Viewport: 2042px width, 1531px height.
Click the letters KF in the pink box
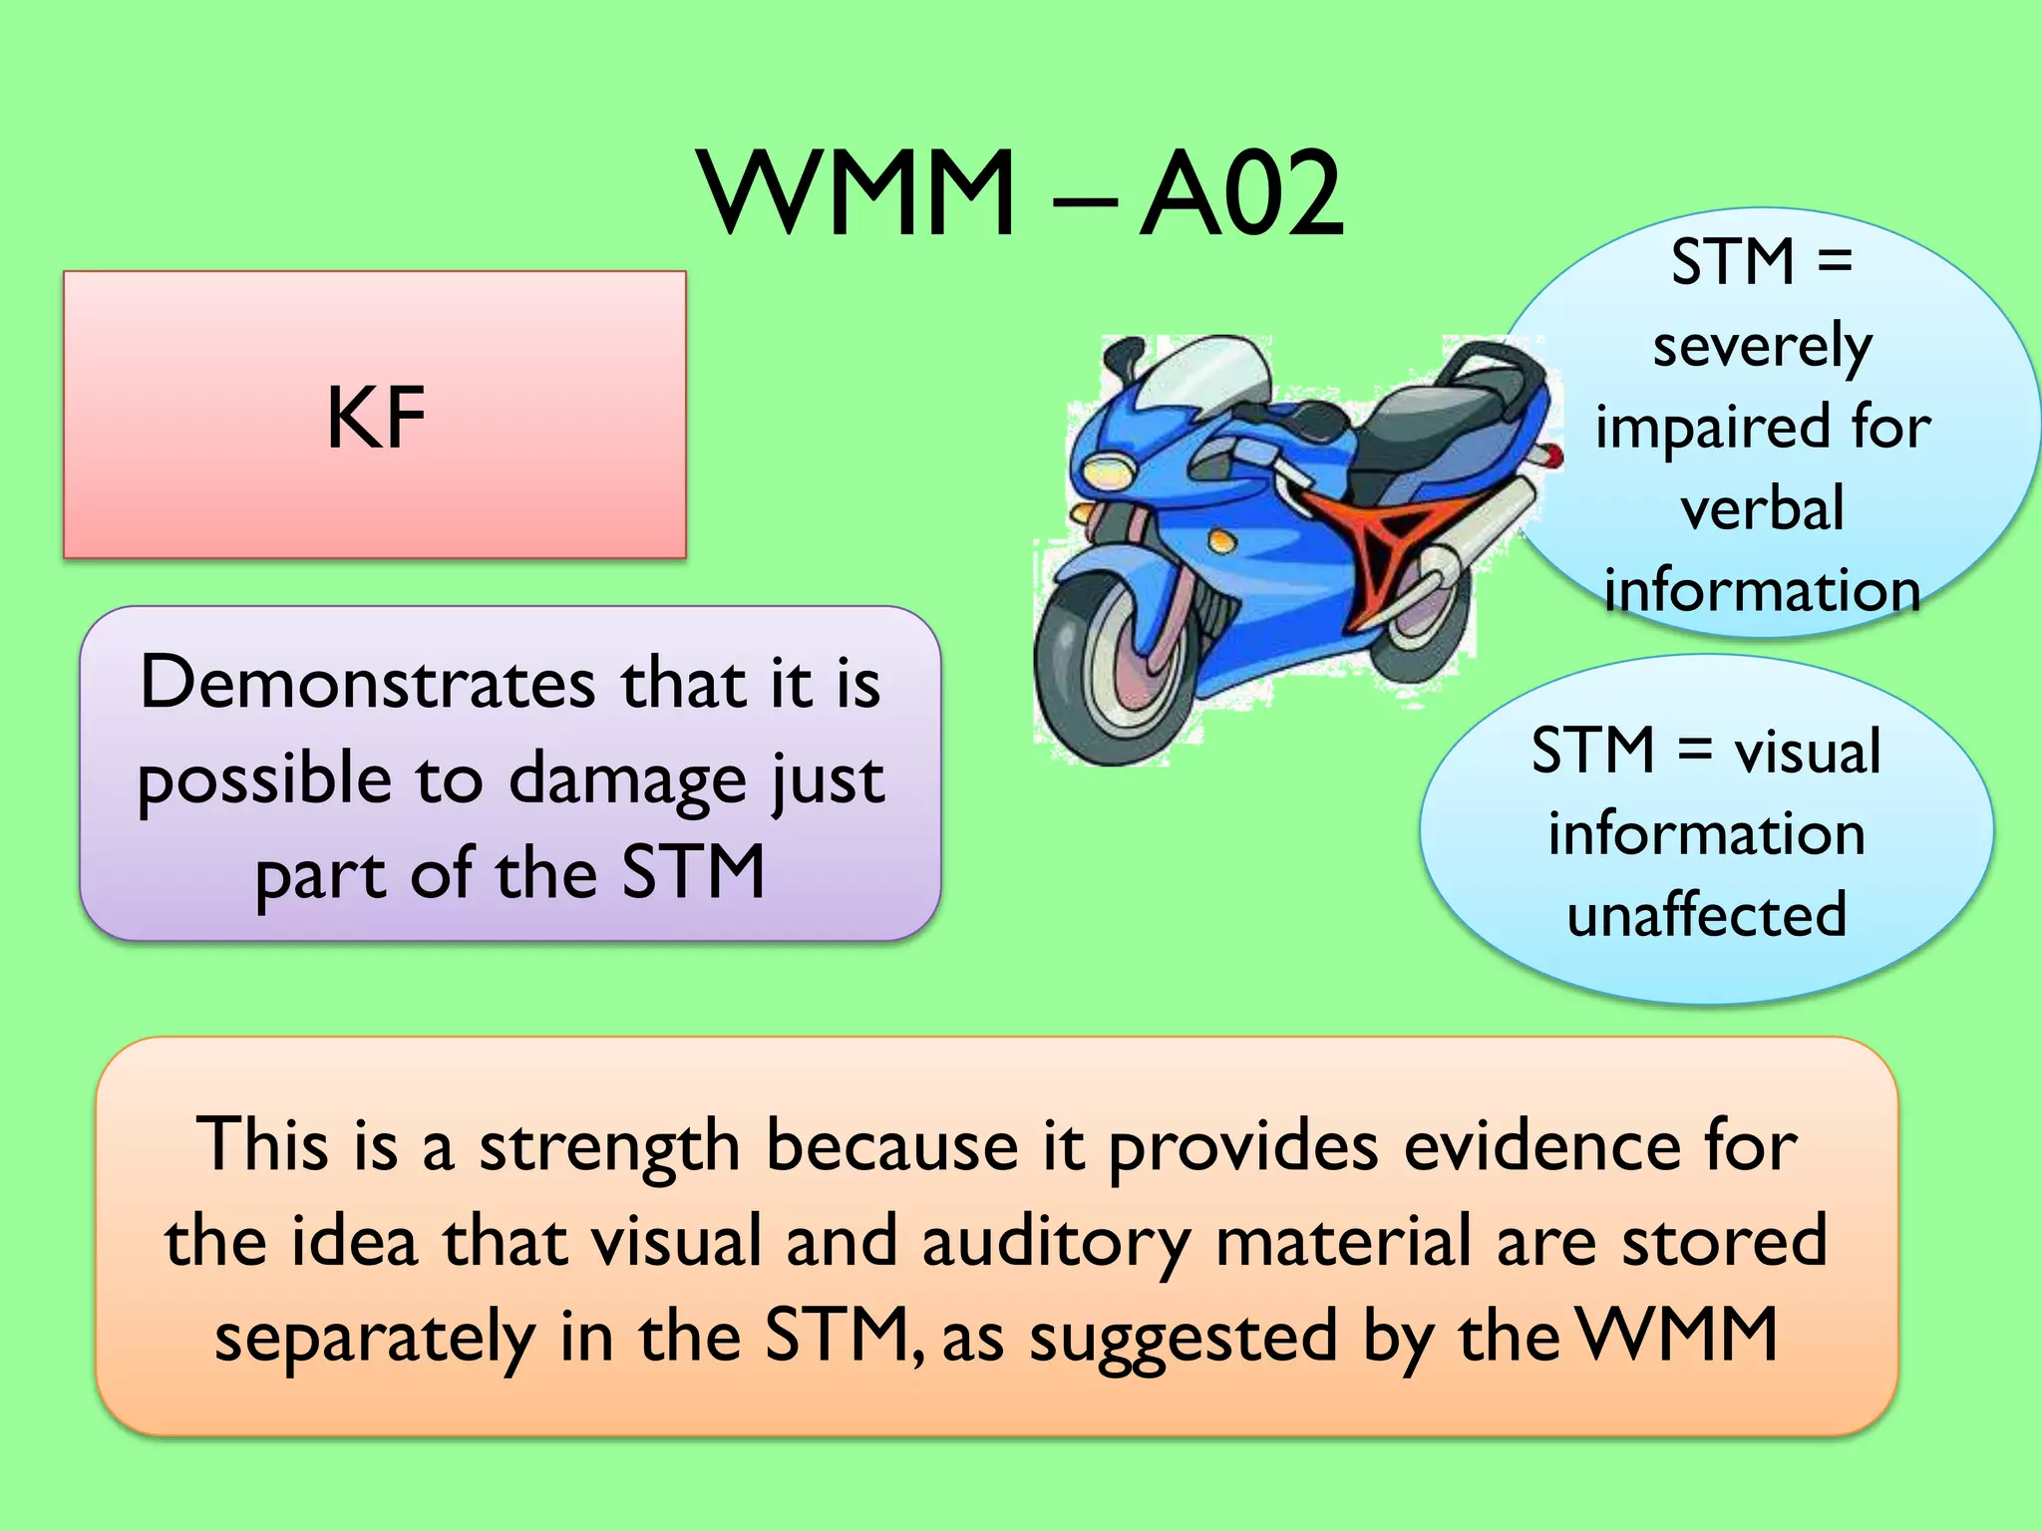376,419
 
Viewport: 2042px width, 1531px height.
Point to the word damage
627,780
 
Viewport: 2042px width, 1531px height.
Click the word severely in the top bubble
1762,348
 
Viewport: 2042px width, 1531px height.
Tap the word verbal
1762,509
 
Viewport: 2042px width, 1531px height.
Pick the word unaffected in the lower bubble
1706,915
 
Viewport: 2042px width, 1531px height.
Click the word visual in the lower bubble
1807,752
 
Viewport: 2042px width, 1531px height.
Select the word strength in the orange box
609,1146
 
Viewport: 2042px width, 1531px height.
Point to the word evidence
1540,1146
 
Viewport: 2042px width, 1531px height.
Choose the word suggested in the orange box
1183,1339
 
